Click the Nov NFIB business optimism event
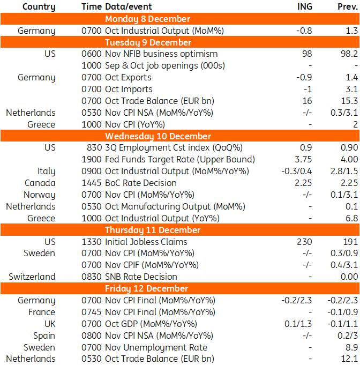tap(161, 54)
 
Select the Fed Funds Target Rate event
tap(180, 159)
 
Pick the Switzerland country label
tap(32, 277)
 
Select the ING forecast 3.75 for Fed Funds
tap(304, 159)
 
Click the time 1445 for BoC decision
tap(92, 183)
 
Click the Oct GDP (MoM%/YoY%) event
tap(151, 324)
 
